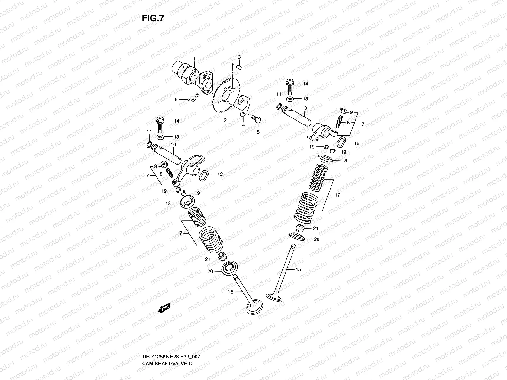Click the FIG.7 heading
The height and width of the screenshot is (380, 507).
[x=153, y=18]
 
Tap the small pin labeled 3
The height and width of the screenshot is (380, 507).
[x=240, y=67]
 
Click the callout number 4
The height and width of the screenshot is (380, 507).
[x=243, y=125]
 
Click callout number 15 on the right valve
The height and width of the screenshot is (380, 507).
[x=298, y=269]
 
